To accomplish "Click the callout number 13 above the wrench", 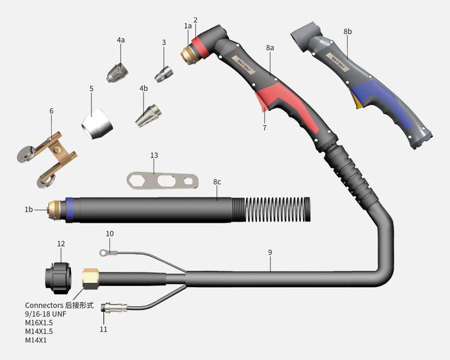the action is click(154, 155).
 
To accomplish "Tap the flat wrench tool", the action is click(163, 181).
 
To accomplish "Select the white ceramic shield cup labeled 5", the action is click(97, 124).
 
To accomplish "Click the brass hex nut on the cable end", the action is click(91, 278).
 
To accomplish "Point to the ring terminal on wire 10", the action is click(103, 252).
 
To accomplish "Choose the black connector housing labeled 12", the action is click(59, 277).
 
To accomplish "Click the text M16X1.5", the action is click(39, 322).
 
